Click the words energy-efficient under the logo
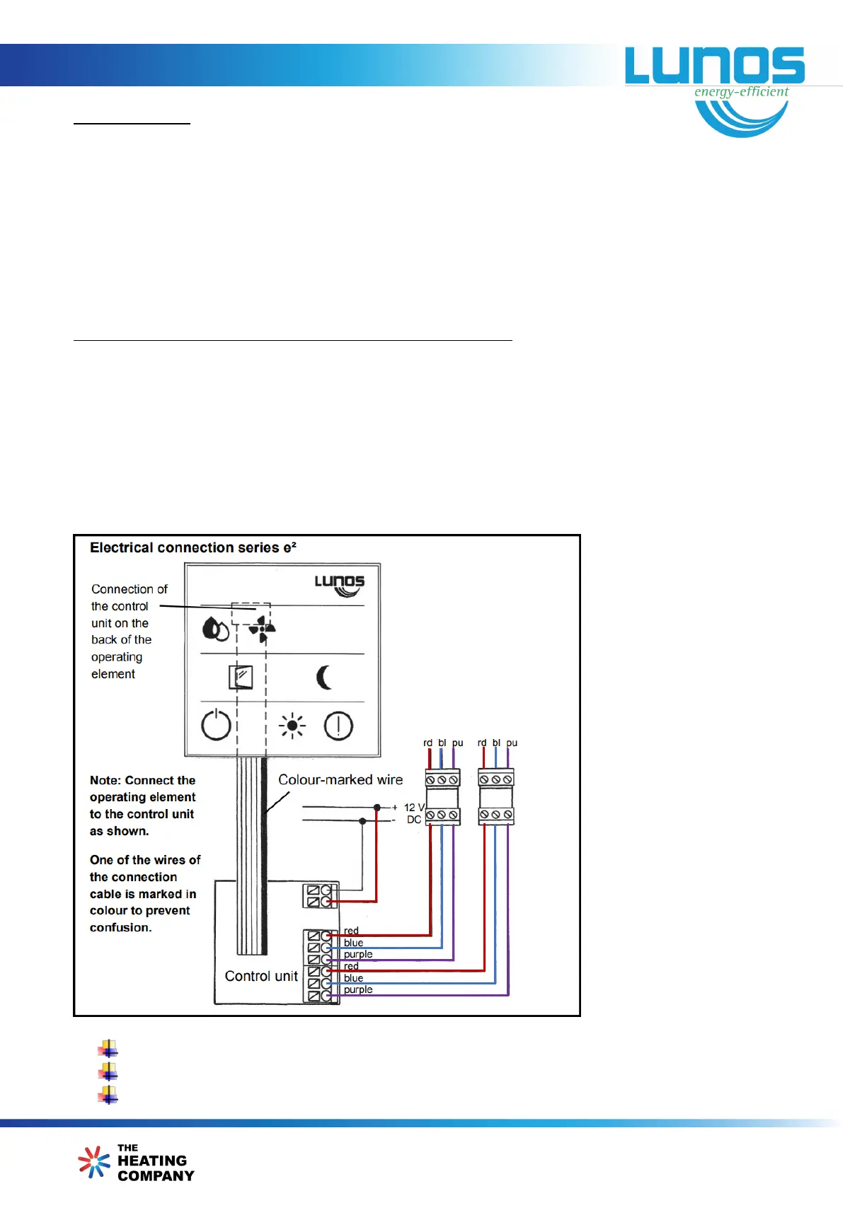pyautogui.click(x=741, y=92)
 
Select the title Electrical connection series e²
pyautogui.click(x=193, y=547)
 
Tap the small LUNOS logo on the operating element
pyautogui.click(x=340, y=584)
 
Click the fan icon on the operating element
pyautogui.click(x=262, y=629)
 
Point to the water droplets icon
pyautogui.click(x=215, y=629)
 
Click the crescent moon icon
pyautogui.click(x=324, y=678)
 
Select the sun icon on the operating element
pyautogui.click(x=292, y=726)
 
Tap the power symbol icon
pyautogui.click(x=216, y=726)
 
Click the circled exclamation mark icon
pyautogui.click(x=338, y=726)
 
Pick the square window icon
pyautogui.click(x=241, y=678)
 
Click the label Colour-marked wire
pyautogui.click(x=340, y=779)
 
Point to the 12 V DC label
pyautogui.click(x=414, y=813)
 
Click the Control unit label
pyautogui.click(x=261, y=976)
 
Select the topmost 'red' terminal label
pyautogui.click(x=351, y=931)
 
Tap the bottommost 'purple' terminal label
pyautogui.click(x=358, y=989)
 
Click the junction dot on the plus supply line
pyautogui.click(x=377, y=807)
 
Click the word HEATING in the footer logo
pyautogui.click(x=152, y=1161)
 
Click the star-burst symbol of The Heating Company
pyautogui.click(x=94, y=1162)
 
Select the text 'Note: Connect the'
pyautogui.click(x=142, y=780)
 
